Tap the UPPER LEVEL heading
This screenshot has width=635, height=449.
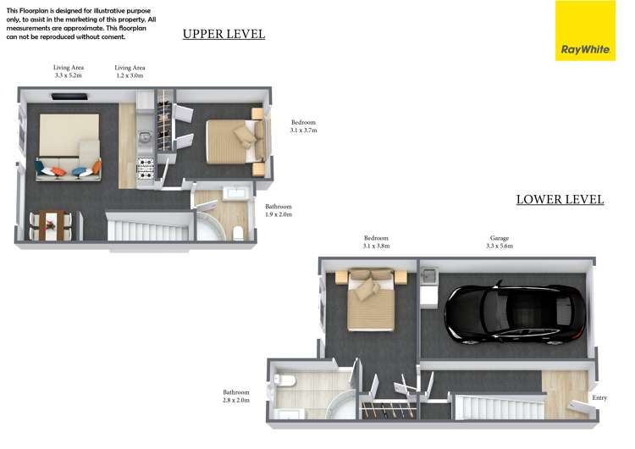[x=224, y=35]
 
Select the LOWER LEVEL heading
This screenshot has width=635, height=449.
[x=560, y=200]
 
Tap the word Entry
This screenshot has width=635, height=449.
[x=599, y=397]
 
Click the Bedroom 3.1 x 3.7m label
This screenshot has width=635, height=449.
[x=302, y=126]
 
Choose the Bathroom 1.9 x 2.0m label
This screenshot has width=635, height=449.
[x=279, y=211]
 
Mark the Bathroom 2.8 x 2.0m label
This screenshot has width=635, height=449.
[x=236, y=396]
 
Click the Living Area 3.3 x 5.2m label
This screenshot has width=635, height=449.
[x=68, y=71]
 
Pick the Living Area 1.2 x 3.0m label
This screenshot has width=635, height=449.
[x=130, y=71]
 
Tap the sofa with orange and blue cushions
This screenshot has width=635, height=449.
[x=69, y=171]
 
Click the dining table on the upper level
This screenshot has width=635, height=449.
[x=52, y=224]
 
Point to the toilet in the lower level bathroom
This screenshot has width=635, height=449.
[x=282, y=383]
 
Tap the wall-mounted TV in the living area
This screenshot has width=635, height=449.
[x=69, y=97]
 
